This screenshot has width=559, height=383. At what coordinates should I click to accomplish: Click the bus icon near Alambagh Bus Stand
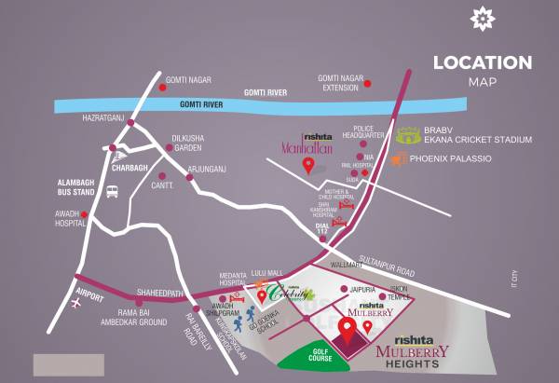(113, 191)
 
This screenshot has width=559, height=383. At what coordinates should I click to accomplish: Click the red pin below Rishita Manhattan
(307, 167)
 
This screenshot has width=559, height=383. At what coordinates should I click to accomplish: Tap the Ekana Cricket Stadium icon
(407, 136)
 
